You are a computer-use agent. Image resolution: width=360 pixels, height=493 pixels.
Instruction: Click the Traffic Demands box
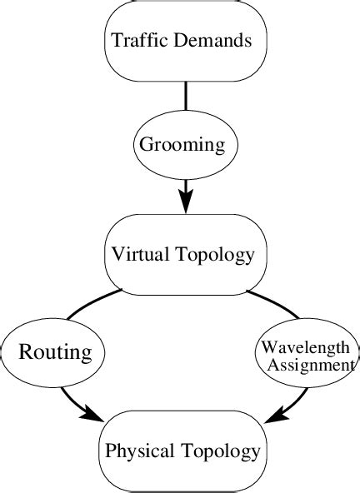[182, 40]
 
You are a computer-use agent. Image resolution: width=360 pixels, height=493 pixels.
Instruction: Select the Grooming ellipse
[182, 145]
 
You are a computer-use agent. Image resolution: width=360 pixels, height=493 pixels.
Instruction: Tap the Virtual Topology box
[182, 254]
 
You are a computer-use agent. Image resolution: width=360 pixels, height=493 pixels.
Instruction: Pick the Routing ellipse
[54, 352]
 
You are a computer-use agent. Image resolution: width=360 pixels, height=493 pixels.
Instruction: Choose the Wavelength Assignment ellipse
[307, 354]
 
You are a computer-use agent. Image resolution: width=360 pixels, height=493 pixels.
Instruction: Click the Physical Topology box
[182, 451]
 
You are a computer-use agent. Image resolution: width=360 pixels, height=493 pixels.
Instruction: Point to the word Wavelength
[307, 346]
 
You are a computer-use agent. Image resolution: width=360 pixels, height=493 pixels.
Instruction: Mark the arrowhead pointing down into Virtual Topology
[185, 201]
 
